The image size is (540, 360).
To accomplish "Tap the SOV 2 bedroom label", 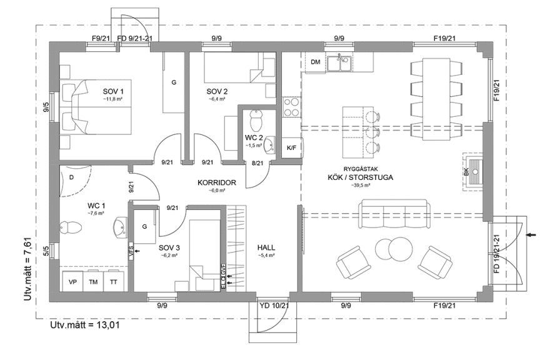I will pos(217,91).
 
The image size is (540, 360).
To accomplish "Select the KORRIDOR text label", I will pos(216,182).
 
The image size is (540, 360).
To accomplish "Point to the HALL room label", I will pos(266,247).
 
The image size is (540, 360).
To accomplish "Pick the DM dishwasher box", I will pos(316,61).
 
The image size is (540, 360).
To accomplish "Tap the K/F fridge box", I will pos(291,148).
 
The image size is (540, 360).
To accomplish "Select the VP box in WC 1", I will pos(72,282).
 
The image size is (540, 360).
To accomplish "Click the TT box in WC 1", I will pos(113,282).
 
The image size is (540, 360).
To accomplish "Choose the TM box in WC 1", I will pos(93,282).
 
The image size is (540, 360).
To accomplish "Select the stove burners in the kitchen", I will pos(291,107).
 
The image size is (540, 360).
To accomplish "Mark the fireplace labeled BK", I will pos(476,170).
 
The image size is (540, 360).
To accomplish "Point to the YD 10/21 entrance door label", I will pos(274,306).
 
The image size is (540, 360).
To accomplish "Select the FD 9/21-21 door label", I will pos(135,38).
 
